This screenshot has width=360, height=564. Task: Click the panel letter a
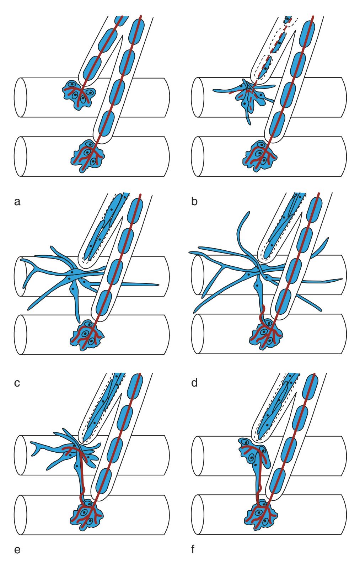pos(16,202)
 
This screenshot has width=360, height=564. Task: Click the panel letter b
pos(194,202)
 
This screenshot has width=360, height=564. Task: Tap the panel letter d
pos(194,383)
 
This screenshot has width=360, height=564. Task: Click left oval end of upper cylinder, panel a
pos(20,98)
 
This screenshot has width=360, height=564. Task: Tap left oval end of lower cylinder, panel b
pos(198,156)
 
